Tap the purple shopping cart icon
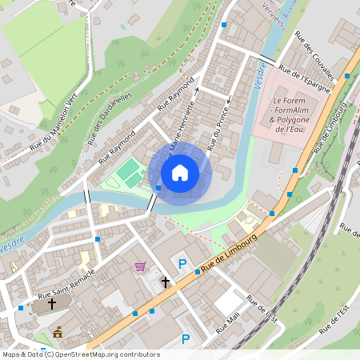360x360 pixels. click(x=141, y=266)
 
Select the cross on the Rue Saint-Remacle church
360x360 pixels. click(x=52, y=304)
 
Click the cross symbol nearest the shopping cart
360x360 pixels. click(x=166, y=282)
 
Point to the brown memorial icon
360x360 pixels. click(x=58, y=331)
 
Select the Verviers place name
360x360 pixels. click(x=273, y=18)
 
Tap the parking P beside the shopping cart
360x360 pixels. click(x=182, y=264)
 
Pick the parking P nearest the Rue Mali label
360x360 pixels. click(x=186, y=338)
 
